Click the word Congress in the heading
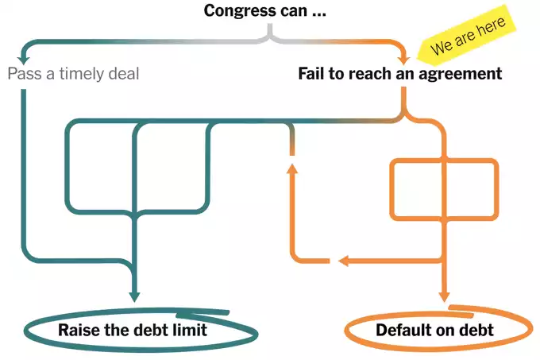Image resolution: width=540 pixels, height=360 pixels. [236, 11]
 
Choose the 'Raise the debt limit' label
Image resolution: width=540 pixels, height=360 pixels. [132, 330]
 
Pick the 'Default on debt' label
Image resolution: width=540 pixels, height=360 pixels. [434, 330]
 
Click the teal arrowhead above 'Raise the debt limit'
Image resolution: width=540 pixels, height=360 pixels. [135, 296]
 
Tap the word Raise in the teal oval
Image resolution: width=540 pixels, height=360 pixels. [76, 330]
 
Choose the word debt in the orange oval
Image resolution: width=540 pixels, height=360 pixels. [476, 330]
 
